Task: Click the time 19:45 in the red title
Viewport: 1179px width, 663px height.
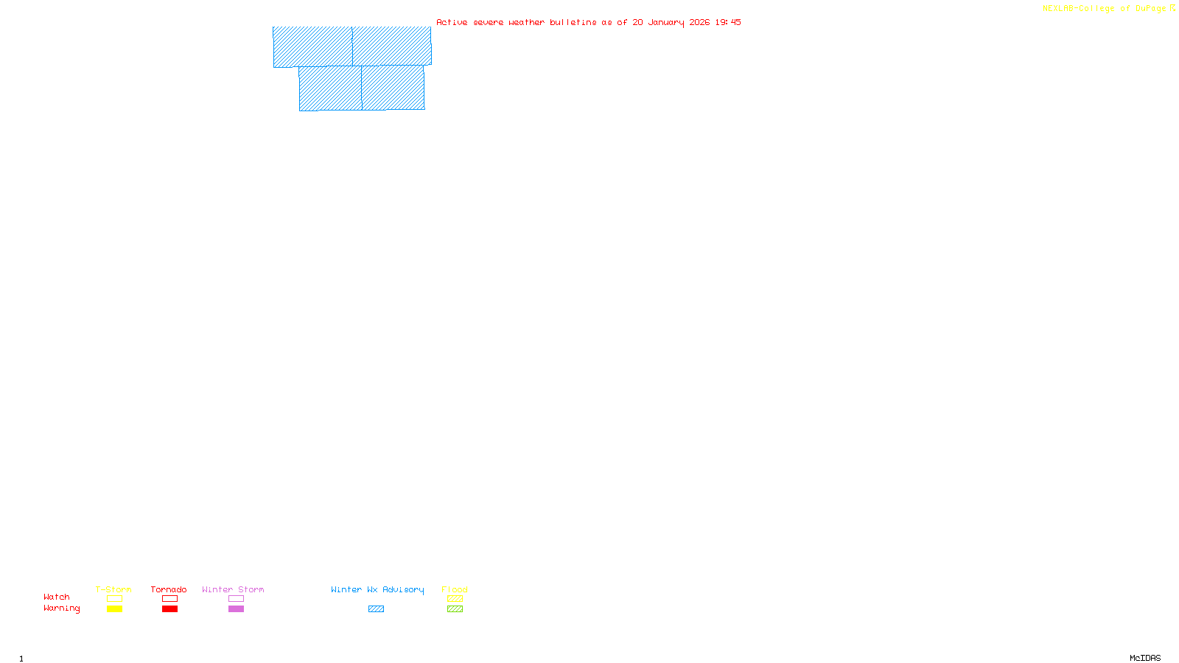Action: click(728, 22)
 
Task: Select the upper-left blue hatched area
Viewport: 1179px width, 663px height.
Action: click(312, 46)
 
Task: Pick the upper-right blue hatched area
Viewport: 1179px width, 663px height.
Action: click(392, 46)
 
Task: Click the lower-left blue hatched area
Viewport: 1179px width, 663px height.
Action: click(330, 88)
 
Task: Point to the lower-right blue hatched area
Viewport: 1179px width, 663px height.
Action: click(393, 88)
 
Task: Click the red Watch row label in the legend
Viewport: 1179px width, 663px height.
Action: click(57, 597)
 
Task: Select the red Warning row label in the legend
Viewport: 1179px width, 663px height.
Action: click(61, 608)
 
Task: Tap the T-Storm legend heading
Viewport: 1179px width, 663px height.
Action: click(113, 589)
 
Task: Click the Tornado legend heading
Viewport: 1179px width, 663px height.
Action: click(169, 589)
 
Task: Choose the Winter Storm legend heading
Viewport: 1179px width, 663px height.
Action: click(233, 589)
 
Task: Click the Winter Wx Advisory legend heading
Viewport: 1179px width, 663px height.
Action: click(377, 589)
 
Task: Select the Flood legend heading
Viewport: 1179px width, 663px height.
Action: click(455, 589)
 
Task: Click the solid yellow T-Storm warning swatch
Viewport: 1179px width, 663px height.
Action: click(114, 609)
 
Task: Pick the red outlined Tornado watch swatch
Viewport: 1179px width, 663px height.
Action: click(169, 599)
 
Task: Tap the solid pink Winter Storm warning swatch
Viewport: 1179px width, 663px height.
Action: click(236, 609)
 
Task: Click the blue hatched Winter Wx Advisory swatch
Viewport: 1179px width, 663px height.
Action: click(376, 609)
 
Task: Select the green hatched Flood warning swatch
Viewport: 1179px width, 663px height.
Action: click(455, 609)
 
